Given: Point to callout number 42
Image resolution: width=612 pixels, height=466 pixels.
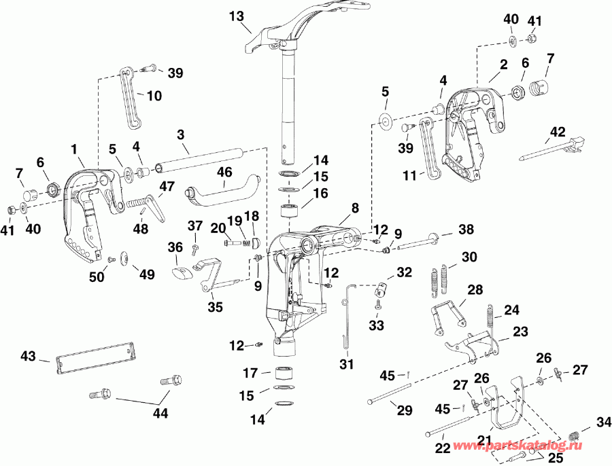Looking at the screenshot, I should (558, 131).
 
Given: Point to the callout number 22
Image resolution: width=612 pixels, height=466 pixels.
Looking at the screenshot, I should (442, 448).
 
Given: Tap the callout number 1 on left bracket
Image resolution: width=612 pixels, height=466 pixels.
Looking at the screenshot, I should (73, 147).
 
